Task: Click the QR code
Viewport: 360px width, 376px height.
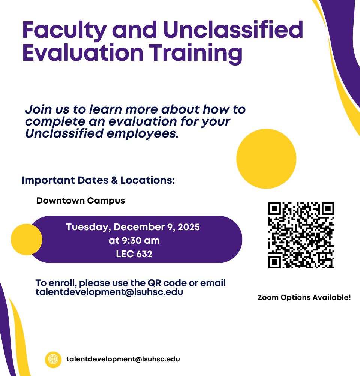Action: tap(301, 235)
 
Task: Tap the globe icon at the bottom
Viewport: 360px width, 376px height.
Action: tap(53, 360)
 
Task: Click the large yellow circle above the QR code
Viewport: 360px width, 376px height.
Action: tap(266, 159)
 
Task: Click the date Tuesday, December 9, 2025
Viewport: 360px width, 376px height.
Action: tap(133, 227)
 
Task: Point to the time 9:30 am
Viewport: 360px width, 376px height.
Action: tap(134, 240)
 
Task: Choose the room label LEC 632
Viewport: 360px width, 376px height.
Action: tap(134, 254)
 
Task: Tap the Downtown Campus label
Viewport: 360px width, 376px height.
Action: tap(81, 201)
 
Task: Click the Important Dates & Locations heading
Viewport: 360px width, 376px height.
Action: tap(98, 180)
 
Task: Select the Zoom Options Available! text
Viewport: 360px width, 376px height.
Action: tap(304, 298)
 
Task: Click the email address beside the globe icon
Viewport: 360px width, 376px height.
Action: tap(123, 359)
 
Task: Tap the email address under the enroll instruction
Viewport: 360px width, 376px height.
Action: tap(109, 292)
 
